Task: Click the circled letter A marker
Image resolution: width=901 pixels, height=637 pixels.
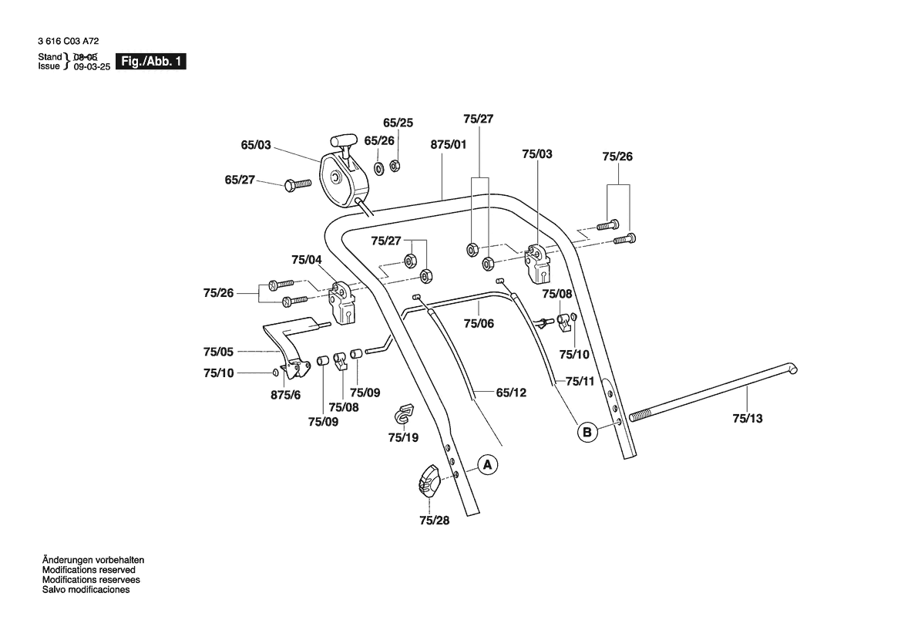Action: click(487, 465)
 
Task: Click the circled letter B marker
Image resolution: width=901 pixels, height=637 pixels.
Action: click(587, 433)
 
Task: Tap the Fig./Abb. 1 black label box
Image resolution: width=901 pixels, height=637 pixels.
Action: click(150, 62)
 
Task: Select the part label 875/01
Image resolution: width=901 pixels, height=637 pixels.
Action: click(449, 144)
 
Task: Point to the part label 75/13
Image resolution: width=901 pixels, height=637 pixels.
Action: click(747, 419)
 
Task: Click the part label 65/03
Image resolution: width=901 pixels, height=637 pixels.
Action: click(256, 144)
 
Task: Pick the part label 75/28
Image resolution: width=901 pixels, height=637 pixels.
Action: click(434, 521)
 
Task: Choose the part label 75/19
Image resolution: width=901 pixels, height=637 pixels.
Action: click(403, 437)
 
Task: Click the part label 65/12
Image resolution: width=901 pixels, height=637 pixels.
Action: click(510, 393)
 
